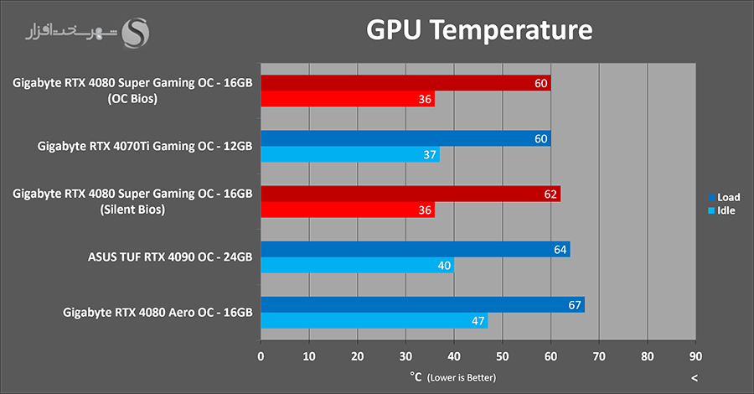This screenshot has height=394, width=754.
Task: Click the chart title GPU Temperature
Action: click(479, 31)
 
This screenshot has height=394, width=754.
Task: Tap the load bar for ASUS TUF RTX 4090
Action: click(415, 249)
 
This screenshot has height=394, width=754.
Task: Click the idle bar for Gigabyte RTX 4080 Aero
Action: click(374, 321)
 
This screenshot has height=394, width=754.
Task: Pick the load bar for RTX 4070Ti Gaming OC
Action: click(405, 138)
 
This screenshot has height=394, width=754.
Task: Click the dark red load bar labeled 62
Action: click(411, 194)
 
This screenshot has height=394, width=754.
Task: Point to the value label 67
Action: click(575, 305)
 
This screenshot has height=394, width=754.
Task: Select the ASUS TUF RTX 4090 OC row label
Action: click(169, 256)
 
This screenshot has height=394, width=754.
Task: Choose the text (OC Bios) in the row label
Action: click(132, 97)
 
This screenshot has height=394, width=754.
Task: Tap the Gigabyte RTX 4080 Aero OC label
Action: click(158, 312)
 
